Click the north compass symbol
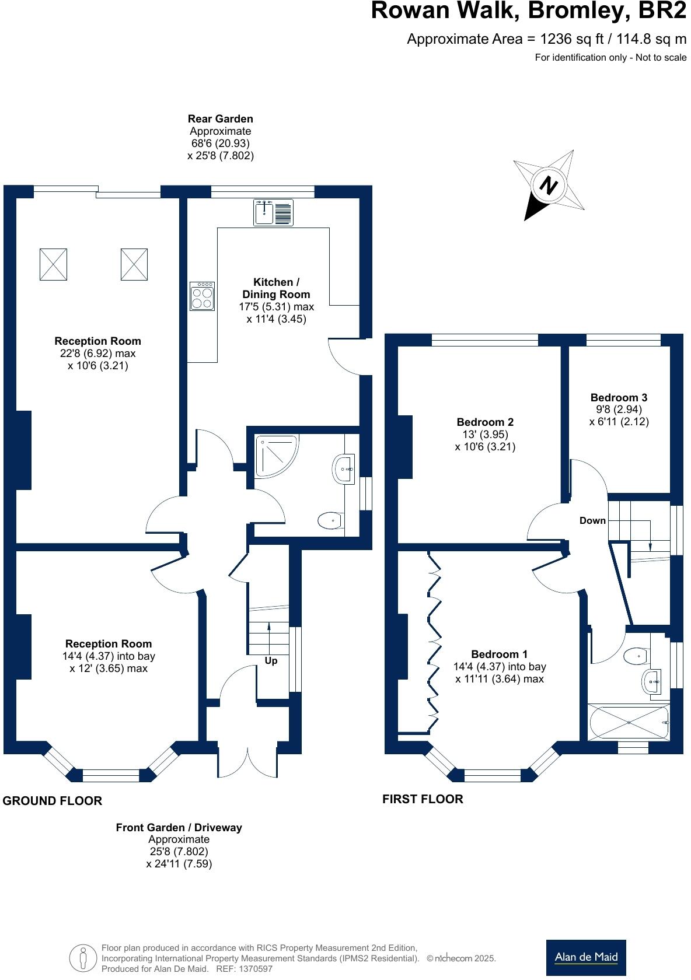tap(549, 185)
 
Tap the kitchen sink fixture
tap(274, 212)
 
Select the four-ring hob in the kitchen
tap(202, 296)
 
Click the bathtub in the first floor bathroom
tap(629, 722)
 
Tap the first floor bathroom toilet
tap(636, 656)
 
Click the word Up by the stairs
tap(271, 661)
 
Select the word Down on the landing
tap(592, 520)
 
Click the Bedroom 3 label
tap(619, 397)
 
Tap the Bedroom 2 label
tap(485, 422)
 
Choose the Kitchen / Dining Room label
tap(276, 288)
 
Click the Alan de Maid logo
tap(586, 957)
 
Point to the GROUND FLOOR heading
tap(53, 801)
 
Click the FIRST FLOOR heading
tap(423, 799)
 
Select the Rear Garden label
tap(220, 119)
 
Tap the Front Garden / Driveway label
tap(179, 827)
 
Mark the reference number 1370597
tap(253, 969)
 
